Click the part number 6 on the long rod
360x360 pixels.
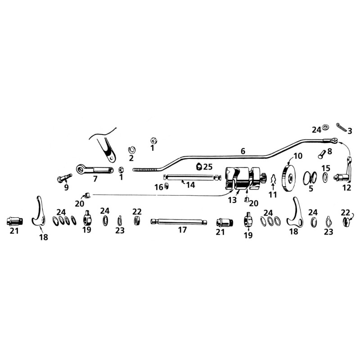243,151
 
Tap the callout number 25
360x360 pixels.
207,166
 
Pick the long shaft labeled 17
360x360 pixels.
179,222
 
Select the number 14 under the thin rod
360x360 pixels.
190,185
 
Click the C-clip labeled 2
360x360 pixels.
132,150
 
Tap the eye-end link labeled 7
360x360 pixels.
94,170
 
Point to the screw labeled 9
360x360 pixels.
64,178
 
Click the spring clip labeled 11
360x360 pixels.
273,179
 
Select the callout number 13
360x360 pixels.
232,200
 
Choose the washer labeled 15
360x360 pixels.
325,178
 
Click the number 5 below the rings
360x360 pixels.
311,189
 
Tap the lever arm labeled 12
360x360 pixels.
343,172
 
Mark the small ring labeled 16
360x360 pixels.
166,186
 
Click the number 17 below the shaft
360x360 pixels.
183,230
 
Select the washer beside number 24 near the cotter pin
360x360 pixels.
325,127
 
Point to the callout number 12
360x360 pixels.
346,188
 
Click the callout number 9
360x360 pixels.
66,188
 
